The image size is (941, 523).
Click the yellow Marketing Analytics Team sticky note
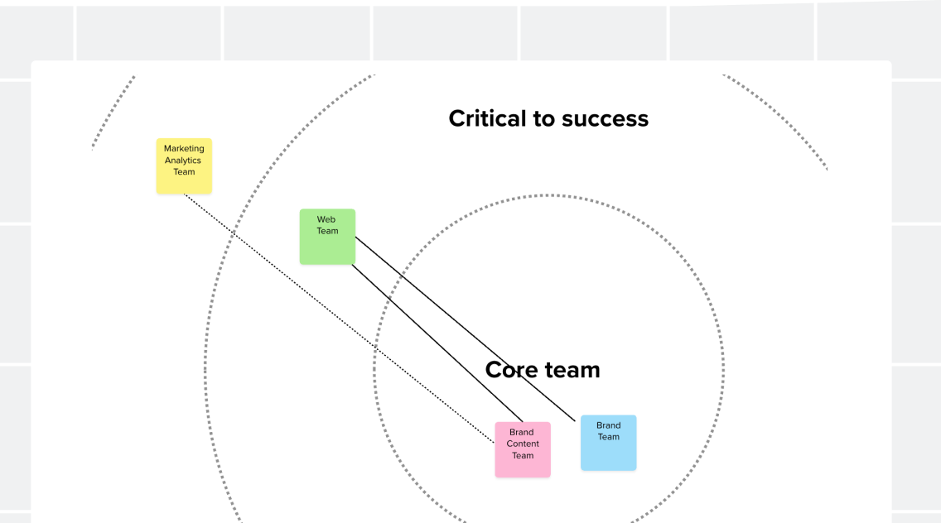pyautogui.click(x=184, y=166)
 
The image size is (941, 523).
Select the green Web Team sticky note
pyautogui.click(x=328, y=237)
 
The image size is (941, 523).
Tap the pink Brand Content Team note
pyautogui.click(x=523, y=450)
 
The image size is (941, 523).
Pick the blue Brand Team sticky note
pyautogui.click(x=609, y=443)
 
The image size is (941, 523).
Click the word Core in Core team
pyautogui.click(x=511, y=370)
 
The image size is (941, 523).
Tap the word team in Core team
pyautogui.click(x=572, y=370)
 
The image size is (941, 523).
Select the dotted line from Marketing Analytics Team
pyautogui.click(x=339, y=319)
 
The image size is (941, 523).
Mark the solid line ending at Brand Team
pyautogui.click(x=465, y=329)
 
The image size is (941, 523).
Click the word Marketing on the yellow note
pyautogui.click(x=184, y=149)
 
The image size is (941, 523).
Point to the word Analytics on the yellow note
pyautogui.click(x=183, y=161)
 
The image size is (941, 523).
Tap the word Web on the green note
pyautogui.click(x=326, y=219)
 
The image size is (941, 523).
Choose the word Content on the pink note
pyautogui.click(x=523, y=444)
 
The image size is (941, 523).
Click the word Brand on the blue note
pyautogui.click(x=609, y=425)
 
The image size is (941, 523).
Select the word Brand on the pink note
pyautogui.click(x=522, y=433)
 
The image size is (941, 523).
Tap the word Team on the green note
pyautogui.click(x=328, y=231)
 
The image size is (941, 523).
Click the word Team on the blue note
pyautogui.click(x=609, y=437)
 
